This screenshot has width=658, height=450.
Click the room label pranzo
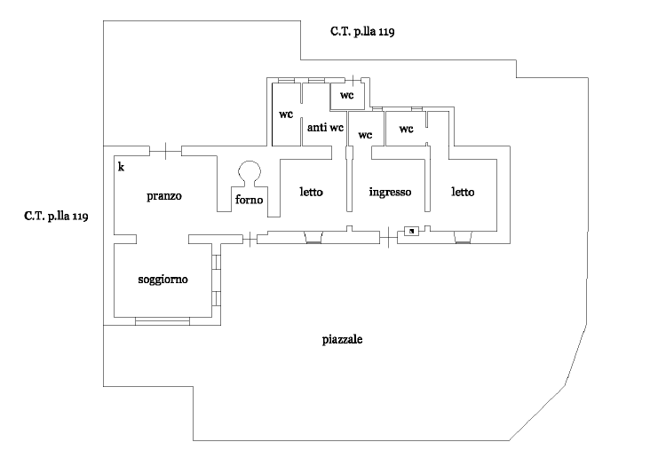click(164, 196)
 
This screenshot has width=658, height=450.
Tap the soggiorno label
click(163, 280)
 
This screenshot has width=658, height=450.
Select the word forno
click(250, 199)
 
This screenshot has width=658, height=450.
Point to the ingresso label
click(390, 192)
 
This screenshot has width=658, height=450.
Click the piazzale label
click(343, 339)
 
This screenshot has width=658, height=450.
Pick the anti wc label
click(325, 127)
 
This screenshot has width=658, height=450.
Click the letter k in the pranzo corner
click(121, 167)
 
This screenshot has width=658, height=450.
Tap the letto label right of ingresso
click(463, 192)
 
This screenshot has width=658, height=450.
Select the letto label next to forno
click(312, 192)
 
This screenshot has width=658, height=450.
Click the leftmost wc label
click(286, 114)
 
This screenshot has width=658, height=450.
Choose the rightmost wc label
click(406, 129)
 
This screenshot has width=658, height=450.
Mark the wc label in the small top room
click(346, 95)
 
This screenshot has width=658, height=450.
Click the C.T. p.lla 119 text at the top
click(362, 31)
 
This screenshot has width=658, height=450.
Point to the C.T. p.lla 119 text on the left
click(56, 217)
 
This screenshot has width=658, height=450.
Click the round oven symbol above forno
click(250, 173)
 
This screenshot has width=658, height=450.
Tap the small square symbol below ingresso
click(412, 231)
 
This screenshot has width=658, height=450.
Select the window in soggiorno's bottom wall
click(163, 321)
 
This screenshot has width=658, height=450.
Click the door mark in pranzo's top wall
click(166, 151)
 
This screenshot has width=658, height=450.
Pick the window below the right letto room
click(463, 237)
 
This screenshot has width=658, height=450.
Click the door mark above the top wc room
click(353, 80)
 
